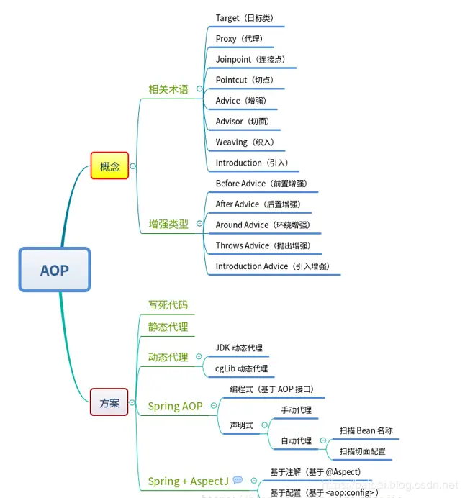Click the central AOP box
(55, 270)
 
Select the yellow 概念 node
(109, 166)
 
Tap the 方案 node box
(109, 402)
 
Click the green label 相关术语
(168, 89)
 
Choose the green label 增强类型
(168, 224)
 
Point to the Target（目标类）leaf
(244, 18)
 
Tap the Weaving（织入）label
(244, 142)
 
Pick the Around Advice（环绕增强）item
(262, 225)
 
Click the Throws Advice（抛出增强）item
(263, 245)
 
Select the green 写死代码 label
(168, 305)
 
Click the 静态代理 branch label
(168, 327)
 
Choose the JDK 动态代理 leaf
(239, 348)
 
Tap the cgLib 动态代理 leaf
(241, 368)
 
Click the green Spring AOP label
(175, 406)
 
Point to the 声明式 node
(241, 425)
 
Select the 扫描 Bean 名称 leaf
(366, 430)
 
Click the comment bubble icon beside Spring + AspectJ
(238, 480)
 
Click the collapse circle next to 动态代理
(199, 356)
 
